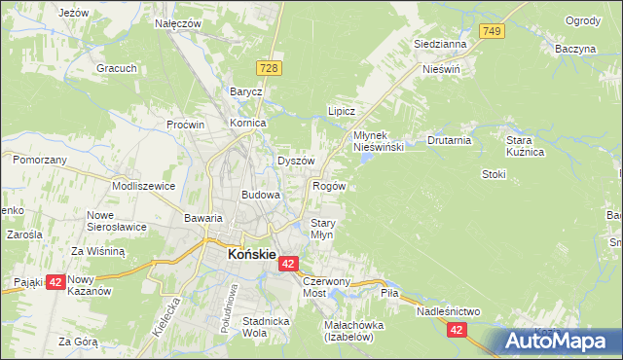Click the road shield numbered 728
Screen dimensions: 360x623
pyautogui.click(x=270, y=66)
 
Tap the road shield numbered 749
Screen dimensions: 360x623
pyautogui.click(x=493, y=33)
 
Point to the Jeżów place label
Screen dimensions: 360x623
pyautogui.click(x=74, y=13)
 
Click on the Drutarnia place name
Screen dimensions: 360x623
pyautogui.click(x=449, y=140)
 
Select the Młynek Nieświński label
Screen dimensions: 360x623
pyautogui.click(x=379, y=140)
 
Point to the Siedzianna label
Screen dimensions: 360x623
pyautogui.click(x=441, y=44)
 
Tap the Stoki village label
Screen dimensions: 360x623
pyautogui.click(x=494, y=174)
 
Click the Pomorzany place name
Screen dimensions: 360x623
pyautogui.click(x=40, y=159)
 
